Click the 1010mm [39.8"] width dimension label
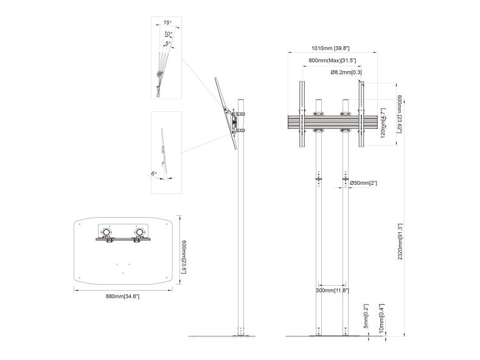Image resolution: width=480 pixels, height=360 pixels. (330, 48)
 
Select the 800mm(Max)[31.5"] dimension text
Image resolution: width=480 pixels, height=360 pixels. (332, 61)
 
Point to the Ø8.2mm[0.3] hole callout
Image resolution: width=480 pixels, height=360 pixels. (346, 72)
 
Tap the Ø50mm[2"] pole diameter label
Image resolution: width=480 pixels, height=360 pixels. (363, 183)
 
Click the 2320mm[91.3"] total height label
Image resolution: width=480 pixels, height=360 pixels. (400, 242)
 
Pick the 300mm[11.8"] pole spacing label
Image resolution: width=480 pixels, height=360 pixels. (332, 290)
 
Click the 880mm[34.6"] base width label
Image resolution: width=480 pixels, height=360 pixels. (122, 296)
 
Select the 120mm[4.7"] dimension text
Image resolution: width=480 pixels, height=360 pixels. (383, 123)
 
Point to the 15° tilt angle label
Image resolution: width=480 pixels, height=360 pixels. (167, 22)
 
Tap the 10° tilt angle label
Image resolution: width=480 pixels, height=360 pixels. (168, 33)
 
